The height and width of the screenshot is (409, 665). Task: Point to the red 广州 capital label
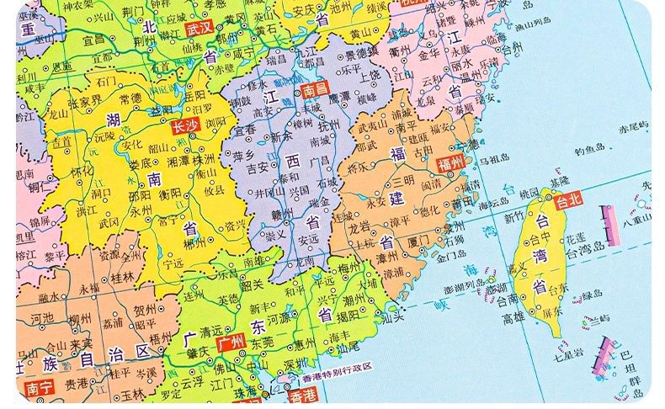(x=229, y=343)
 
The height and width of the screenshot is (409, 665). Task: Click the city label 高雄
(x=513, y=318)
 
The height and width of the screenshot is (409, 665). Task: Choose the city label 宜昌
(x=93, y=38)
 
